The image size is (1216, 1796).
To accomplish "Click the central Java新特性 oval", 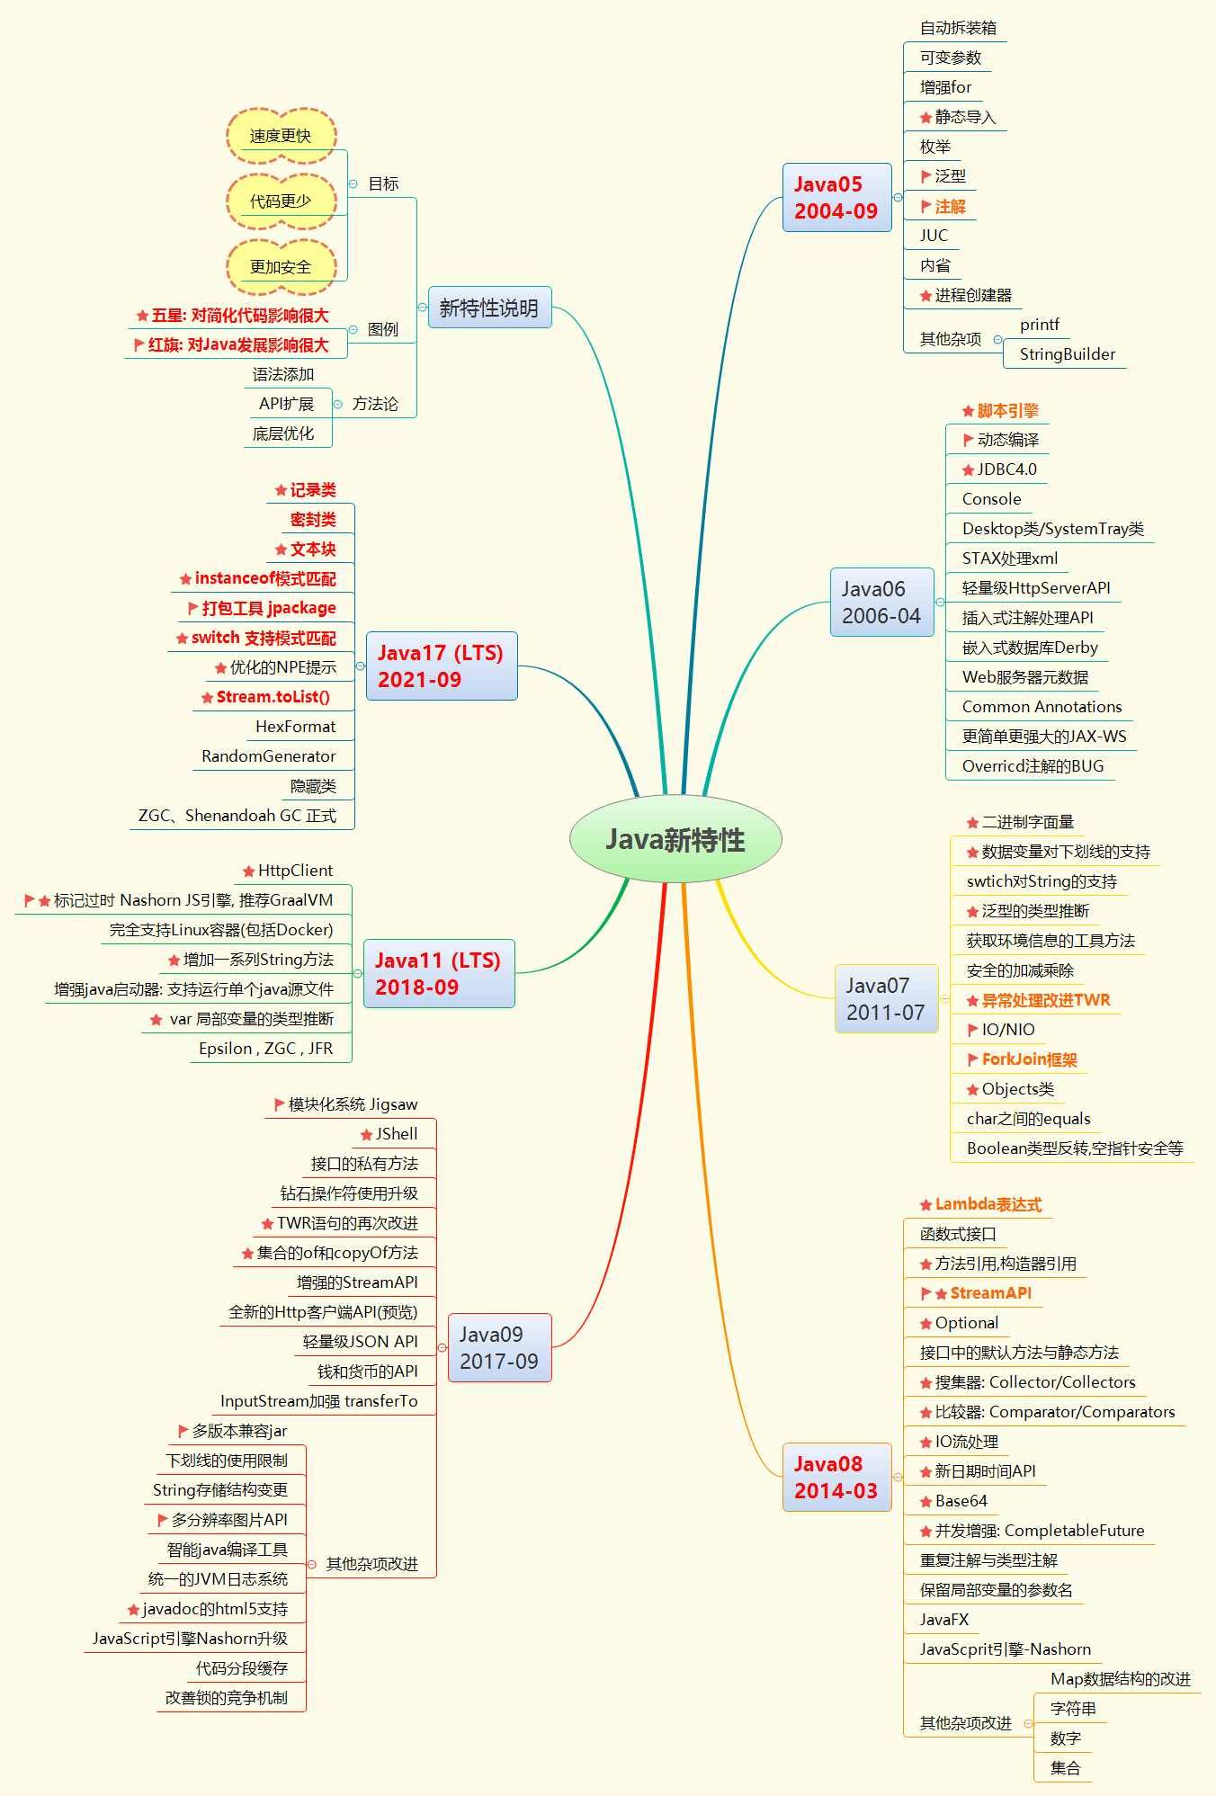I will pos(675,839).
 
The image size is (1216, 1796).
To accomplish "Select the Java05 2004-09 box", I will pos(836,198).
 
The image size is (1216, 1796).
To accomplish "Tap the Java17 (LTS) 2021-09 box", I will pos(441,666).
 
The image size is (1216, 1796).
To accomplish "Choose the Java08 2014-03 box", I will pos(836,1478).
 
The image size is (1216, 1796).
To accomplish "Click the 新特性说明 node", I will pos(489,308).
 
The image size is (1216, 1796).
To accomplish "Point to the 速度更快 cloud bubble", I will pos(281,136).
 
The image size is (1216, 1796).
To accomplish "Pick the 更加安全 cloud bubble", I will pos(281,267).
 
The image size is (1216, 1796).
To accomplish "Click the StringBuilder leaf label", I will pos(1067,354).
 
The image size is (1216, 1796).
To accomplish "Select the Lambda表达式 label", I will pos(988,1204).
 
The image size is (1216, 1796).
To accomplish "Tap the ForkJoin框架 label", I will pos(1029,1059).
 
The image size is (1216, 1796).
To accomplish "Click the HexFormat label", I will pos(295,727).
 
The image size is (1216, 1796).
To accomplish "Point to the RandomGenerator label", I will pos(268,756).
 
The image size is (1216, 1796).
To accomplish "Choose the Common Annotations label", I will pos(1042,707).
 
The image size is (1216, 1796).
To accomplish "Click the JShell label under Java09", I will pos(397,1134).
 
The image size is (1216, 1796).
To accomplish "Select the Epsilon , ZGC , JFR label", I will pos(265,1049).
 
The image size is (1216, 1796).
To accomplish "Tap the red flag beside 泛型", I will pos(925,176).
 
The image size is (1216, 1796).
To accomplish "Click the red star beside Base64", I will pos(925,1502).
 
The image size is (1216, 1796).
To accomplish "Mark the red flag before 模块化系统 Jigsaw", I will pos(279,1104).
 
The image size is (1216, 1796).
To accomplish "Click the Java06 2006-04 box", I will pos(881,603).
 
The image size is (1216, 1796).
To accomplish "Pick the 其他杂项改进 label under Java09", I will pos(371,1564).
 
